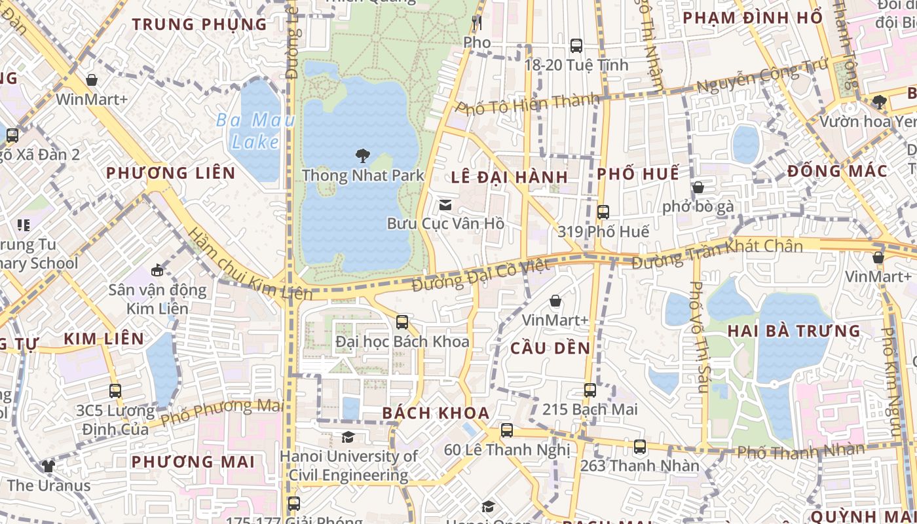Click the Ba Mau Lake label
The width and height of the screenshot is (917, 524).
tap(255, 131)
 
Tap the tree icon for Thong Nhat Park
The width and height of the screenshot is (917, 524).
tap(362, 156)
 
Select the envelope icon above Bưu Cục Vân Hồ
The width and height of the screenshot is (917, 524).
tap(445, 205)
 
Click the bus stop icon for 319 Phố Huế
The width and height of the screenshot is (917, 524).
tap(603, 212)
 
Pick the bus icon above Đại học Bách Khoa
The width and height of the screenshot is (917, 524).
tap(402, 322)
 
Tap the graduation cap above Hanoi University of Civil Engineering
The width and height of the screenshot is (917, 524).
tap(348, 437)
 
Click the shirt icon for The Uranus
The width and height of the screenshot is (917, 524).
tap(48, 466)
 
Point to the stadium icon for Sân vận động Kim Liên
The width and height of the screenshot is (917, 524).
tap(157, 271)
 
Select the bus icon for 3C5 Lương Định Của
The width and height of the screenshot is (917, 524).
tap(115, 391)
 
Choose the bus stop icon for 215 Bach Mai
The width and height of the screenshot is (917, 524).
tap(590, 390)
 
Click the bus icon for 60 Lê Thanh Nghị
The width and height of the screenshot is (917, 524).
tap(507, 430)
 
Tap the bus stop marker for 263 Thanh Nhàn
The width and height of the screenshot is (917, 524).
tap(640, 447)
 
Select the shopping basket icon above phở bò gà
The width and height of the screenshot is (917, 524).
tap(698, 188)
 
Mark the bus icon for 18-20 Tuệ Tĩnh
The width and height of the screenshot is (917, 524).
tap(576, 46)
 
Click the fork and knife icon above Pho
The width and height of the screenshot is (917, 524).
tap(477, 23)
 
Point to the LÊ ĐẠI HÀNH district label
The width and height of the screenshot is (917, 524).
tap(510, 178)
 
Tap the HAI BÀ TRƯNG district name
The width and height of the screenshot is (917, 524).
tap(794, 331)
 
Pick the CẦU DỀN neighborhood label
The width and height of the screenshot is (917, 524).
tap(551, 348)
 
